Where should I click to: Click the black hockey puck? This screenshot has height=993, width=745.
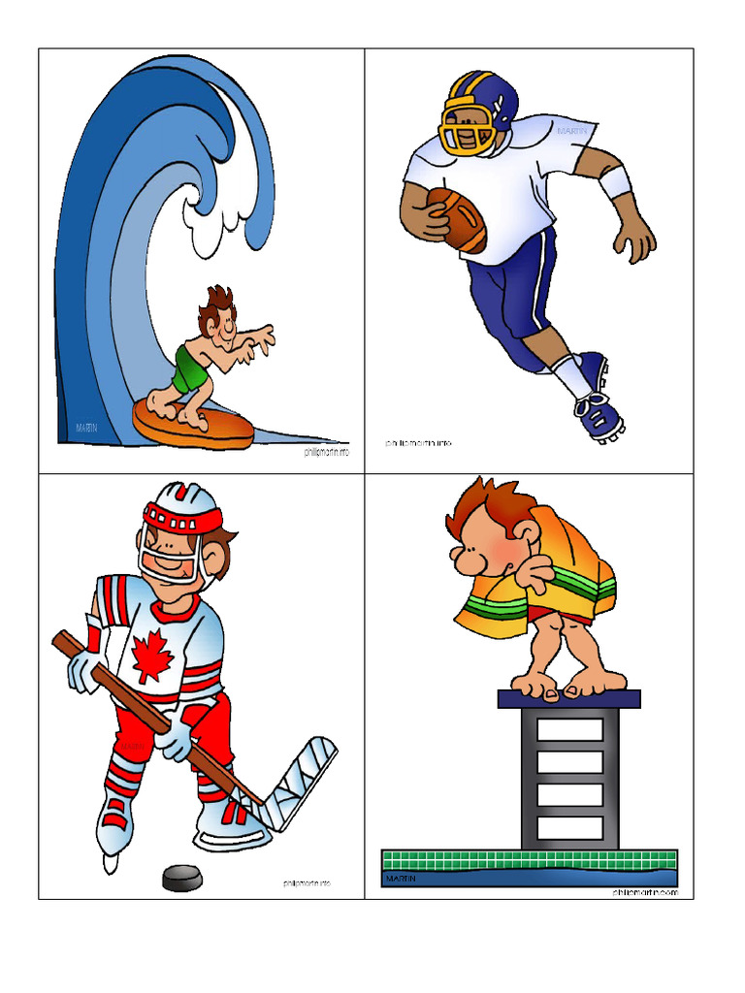(x=182, y=878)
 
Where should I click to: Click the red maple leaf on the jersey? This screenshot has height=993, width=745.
(x=152, y=655)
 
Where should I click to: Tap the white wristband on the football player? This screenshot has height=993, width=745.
(x=614, y=181)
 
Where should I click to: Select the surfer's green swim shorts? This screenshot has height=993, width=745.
(x=191, y=368)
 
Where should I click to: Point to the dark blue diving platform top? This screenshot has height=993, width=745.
(x=569, y=698)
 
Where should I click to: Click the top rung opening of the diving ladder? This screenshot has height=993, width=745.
(x=569, y=729)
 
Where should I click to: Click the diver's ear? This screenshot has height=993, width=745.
(x=525, y=535)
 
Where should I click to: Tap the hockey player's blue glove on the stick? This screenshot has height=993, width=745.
(x=175, y=739)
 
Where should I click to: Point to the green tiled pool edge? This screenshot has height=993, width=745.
(x=529, y=859)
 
